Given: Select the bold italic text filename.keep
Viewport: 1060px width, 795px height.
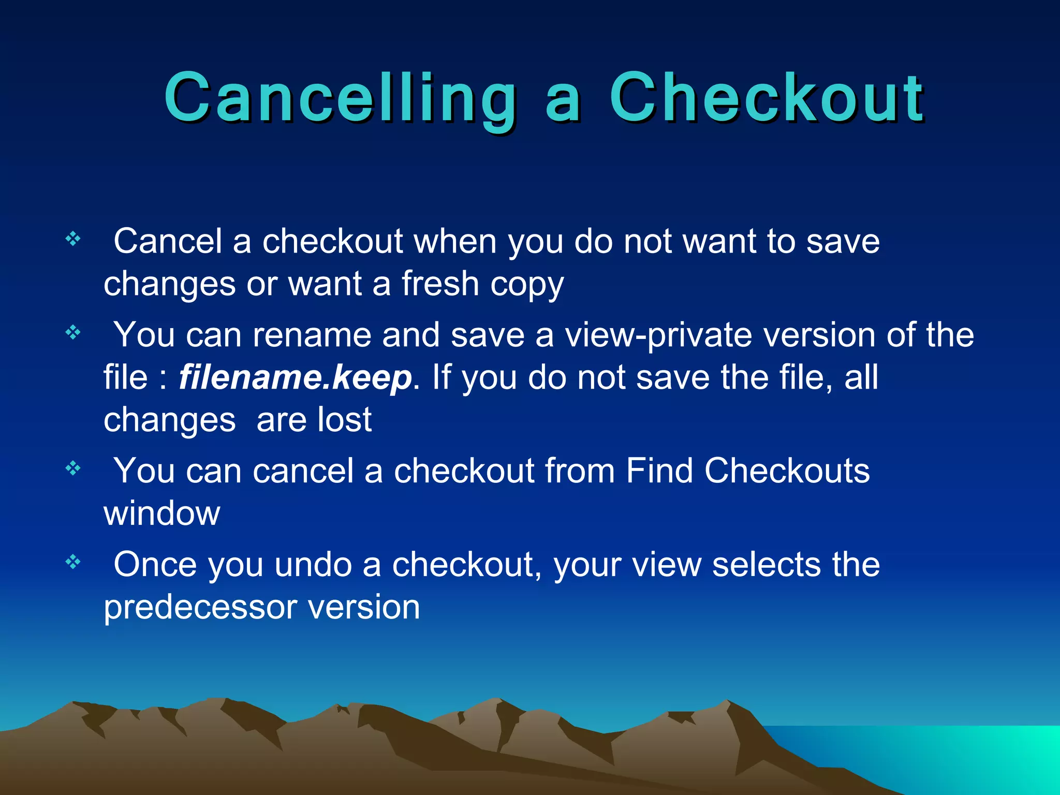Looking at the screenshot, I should click(x=296, y=377).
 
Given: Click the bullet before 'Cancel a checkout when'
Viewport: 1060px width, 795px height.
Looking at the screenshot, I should click(x=73, y=239).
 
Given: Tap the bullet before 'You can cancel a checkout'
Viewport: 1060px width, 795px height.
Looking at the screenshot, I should click(x=73, y=468).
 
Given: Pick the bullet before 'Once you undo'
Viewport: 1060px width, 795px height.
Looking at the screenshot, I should click(x=73, y=562).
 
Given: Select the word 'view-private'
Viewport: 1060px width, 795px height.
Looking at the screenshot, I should click(x=658, y=335).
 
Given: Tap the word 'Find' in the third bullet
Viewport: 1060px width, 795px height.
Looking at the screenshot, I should click(x=659, y=470).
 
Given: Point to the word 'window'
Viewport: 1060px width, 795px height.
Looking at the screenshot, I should click(x=162, y=513).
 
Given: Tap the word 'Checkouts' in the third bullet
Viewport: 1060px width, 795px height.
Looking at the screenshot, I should click(x=787, y=470).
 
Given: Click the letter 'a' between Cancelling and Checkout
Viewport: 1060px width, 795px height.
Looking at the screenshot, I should click(x=563, y=104).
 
